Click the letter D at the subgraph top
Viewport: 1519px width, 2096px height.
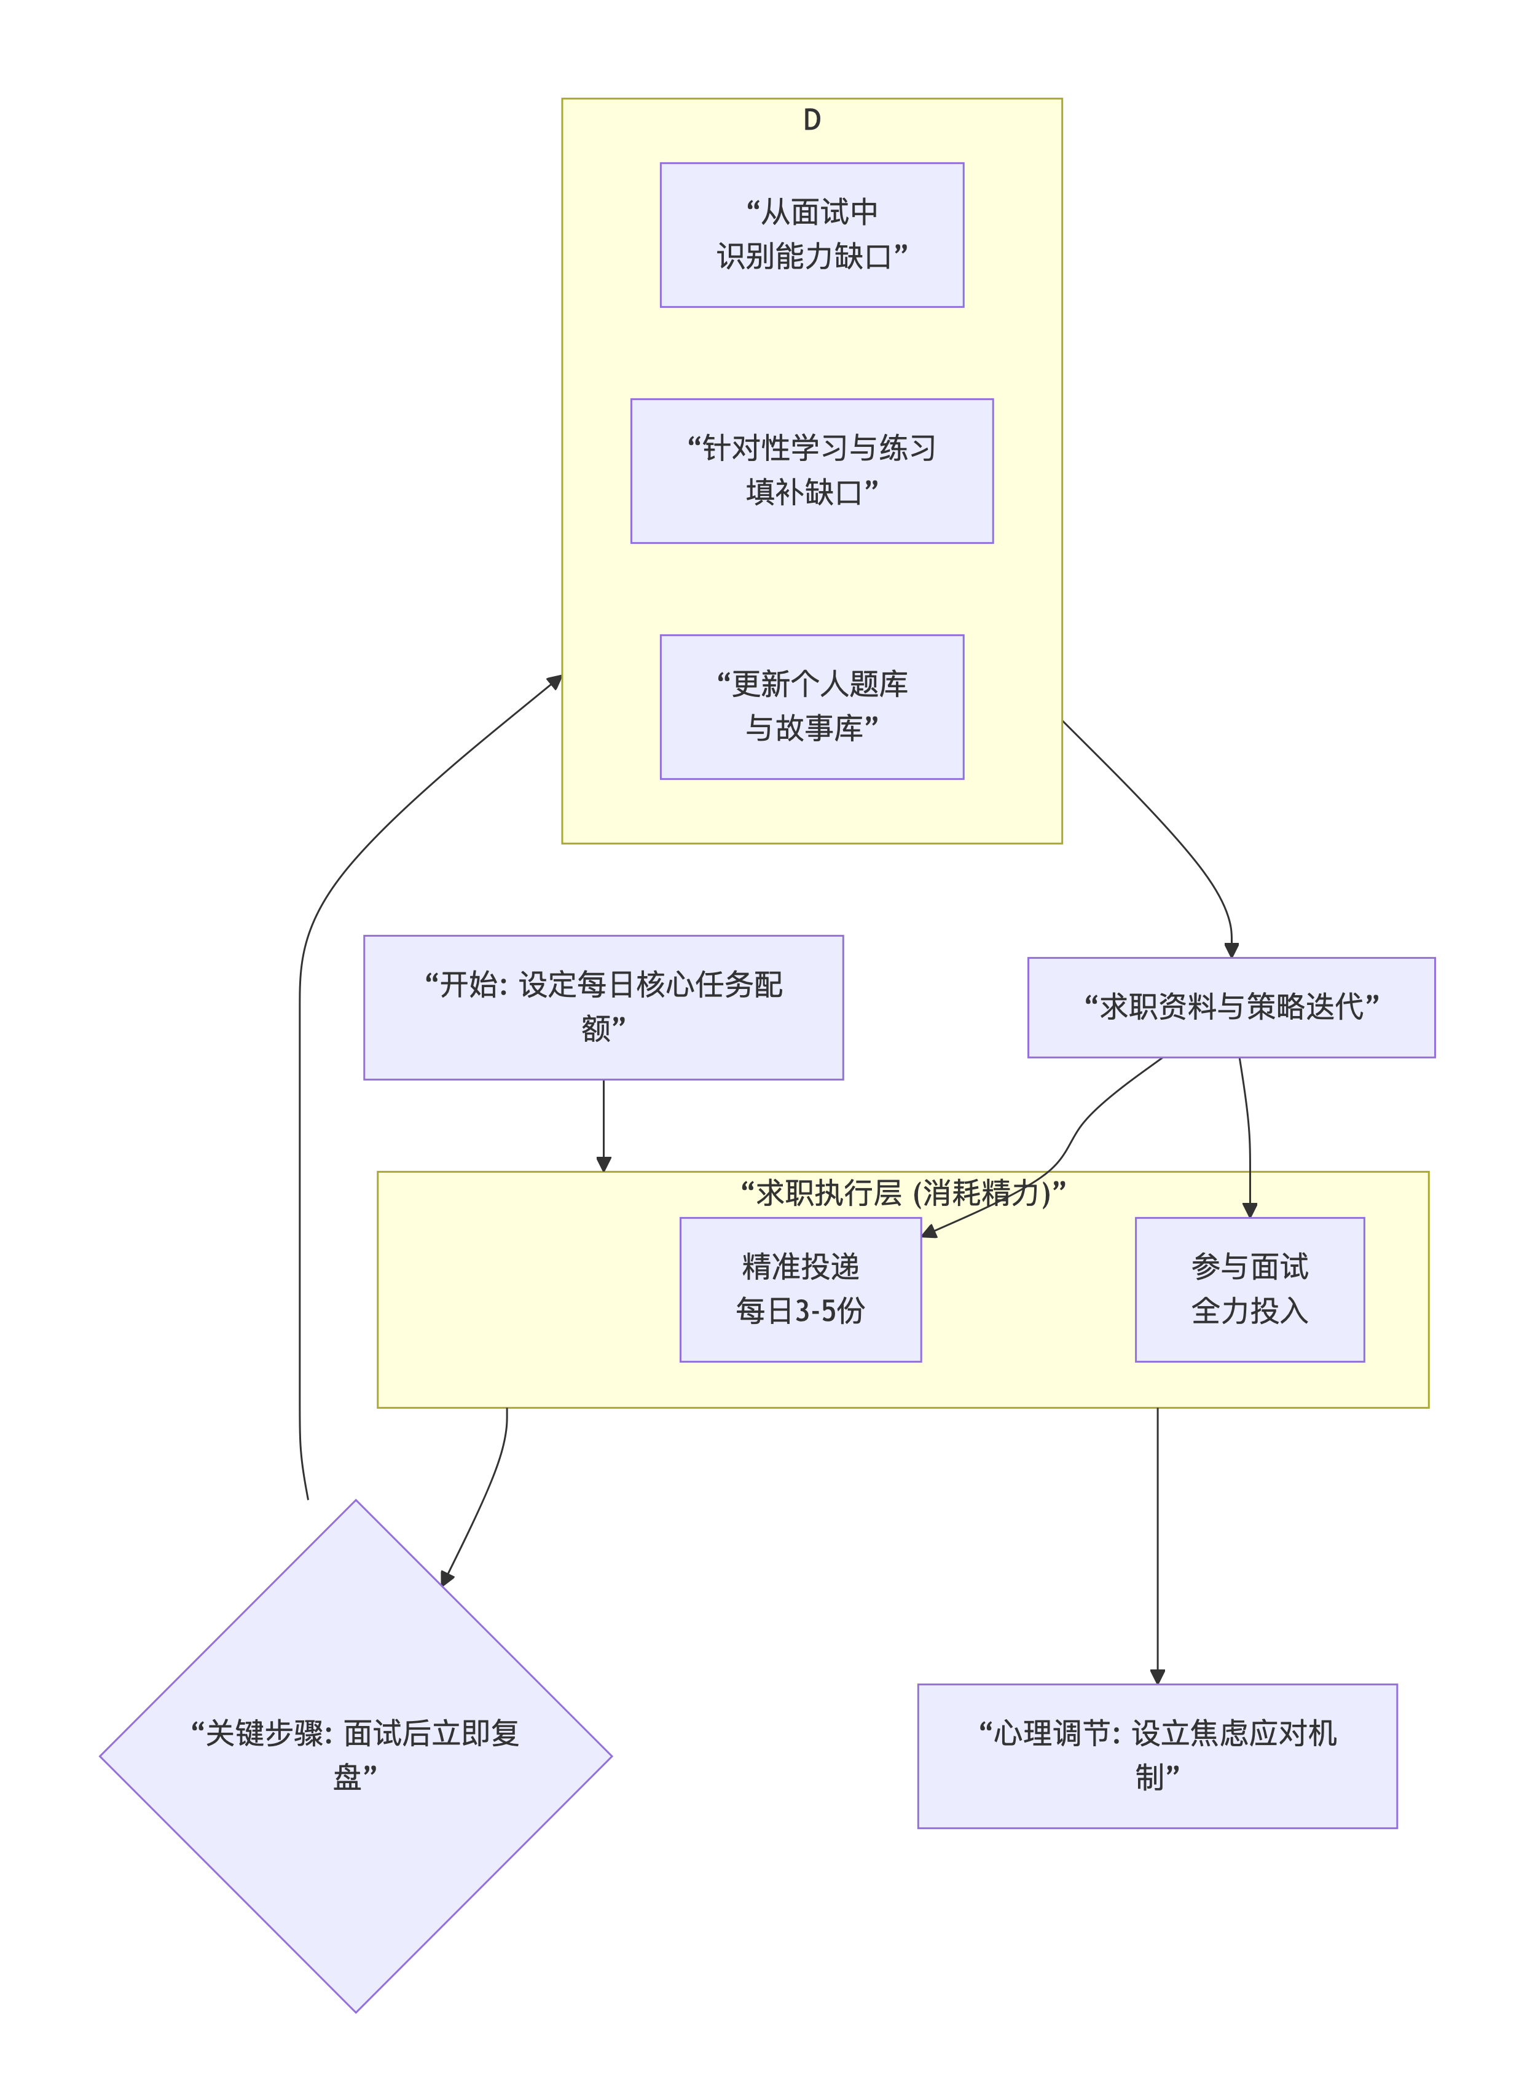(x=811, y=120)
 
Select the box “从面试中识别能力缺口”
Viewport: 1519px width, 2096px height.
(x=811, y=235)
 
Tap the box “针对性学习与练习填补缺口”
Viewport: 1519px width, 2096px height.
(x=811, y=470)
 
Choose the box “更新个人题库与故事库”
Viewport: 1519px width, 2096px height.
(x=811, y=706)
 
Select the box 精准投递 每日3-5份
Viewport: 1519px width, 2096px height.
(x=800, y=1289)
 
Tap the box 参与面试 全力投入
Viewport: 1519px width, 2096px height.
(x=1249, y=1289)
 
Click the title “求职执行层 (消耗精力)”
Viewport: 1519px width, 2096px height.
(x=903, y=1193)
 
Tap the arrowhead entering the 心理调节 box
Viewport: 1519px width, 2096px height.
(x=1157, y=1676)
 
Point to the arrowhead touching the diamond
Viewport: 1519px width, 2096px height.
(x=447, y=1578)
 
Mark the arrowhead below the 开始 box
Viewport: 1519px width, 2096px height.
(x=603, y=1164)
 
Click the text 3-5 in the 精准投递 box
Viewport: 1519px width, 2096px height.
(x=814, y=1310)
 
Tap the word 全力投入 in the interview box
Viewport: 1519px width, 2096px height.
(x=1249, y=1310)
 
